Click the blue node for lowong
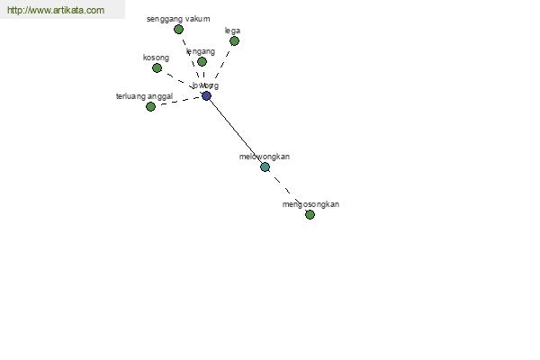(206, 96)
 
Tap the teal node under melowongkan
(265, 166)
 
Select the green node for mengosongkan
(310, 215)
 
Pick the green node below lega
(234, 40)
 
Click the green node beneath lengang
(202, 62)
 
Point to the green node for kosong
(157, 68)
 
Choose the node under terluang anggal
(150, 106)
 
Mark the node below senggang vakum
(178, 30)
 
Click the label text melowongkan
(265, 157)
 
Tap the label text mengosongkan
(310, 204)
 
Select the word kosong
(156, 58)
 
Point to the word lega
(233, 31)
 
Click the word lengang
(201, 52)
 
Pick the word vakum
(198, 19)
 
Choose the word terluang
(131, 96)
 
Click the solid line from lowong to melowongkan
(236, 131)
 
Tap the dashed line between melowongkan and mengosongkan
(287, 191)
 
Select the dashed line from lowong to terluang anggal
(178, 101)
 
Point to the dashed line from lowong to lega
(222, 63)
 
